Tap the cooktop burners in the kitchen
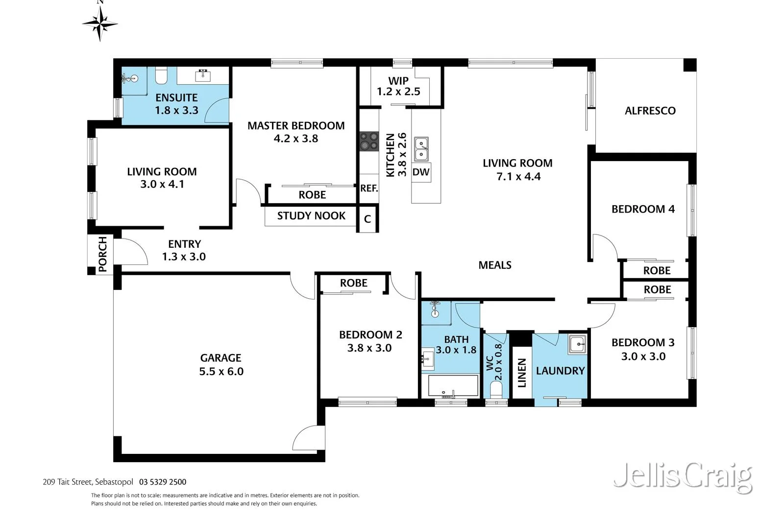click(x=369, y=141)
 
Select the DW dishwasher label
click(x=421, y=172)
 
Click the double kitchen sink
click(x=421, y=149)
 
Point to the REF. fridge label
click(x=369, y=189)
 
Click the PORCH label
click(x=102, y=254)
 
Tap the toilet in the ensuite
click(x=161, y=76)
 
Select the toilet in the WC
click(x=496, y=390)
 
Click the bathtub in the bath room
click(x=453, y=386)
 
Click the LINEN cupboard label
click(x=522, y=373)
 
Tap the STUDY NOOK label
click(x=311, y=216)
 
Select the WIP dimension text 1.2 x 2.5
click(x=398, y=92)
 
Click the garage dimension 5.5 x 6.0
click(x=221, y=371)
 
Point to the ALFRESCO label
click(x=650, y=111)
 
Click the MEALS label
click(x=495, y=265)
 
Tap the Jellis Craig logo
click(x=683, y=475)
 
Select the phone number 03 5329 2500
click(x=163, y=482)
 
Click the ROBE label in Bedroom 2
click(x=353, y=283)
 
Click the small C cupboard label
click(x=367, y=219)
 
